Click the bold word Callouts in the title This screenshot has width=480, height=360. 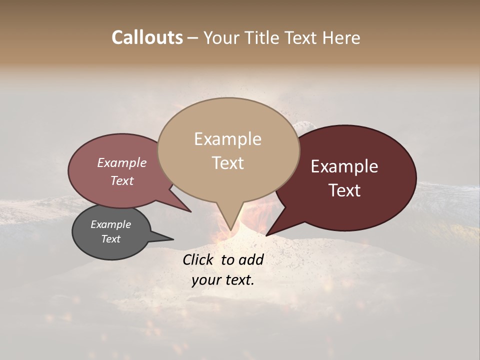coord(147,37)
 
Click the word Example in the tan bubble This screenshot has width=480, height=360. coord(227,139)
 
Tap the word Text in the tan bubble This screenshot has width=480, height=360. coord(227,163)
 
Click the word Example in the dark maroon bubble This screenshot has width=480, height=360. coord(344,166)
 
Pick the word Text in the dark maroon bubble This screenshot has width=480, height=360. coord(344,190)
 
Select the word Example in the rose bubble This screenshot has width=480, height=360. coord(121,162)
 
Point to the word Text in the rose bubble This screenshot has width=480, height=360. coord(121,180)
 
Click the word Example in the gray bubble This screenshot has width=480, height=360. coord(110,224)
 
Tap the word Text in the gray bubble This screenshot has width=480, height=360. coord(110,239)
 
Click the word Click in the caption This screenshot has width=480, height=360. coord(199,259)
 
